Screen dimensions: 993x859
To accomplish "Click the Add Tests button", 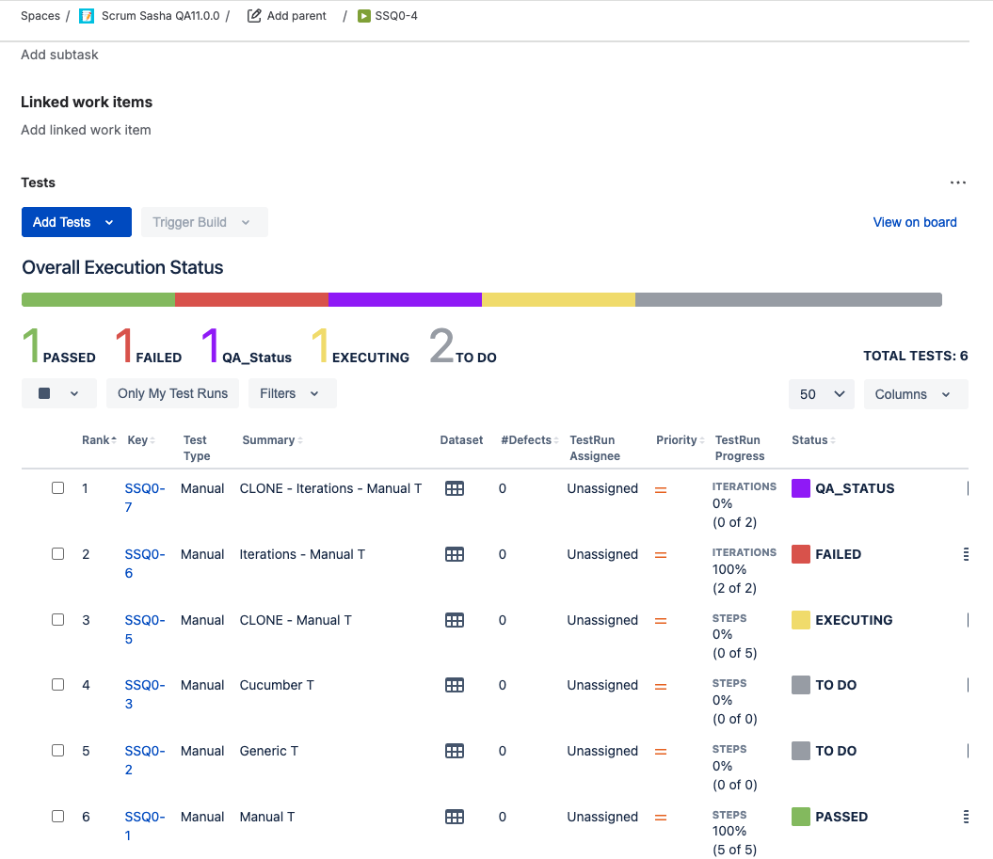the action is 76,222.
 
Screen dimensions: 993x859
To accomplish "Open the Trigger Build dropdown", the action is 204,222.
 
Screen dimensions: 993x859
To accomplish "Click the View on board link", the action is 915,222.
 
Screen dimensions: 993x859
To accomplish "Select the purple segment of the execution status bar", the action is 405,299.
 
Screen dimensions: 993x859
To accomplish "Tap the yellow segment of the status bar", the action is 558,299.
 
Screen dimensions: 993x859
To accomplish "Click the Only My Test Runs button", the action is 172,393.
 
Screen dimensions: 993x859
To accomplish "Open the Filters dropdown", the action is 292,393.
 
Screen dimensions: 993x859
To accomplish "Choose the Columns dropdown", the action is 916,393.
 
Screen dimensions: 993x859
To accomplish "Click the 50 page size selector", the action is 822,393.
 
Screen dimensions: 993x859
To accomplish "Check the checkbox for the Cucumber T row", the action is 57,685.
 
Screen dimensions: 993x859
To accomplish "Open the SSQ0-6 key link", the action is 144,564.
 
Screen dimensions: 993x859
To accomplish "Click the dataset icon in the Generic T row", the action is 455,751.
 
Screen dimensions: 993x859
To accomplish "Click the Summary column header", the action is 268,440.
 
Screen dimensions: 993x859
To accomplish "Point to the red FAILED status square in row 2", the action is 801,554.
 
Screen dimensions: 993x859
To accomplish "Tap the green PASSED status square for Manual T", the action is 801,817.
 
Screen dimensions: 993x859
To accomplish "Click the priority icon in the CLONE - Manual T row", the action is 661,620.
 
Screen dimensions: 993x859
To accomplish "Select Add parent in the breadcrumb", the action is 287,16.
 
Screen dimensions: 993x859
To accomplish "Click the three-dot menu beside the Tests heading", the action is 957,183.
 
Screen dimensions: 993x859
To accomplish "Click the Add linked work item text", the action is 86,130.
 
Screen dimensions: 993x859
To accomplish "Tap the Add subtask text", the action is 59,55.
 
